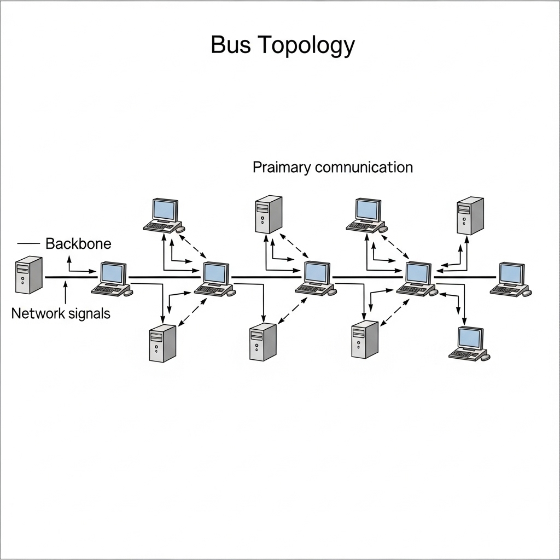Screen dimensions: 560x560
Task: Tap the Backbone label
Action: click(x=78, y=243)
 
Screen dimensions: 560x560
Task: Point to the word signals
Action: click(x=89, y=314)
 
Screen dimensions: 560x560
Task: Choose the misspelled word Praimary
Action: click(x=282, y=167)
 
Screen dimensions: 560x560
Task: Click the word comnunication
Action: click(x=364, y=167)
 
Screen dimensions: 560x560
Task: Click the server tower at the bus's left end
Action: click(x=28, y=275)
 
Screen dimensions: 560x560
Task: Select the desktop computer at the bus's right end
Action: click(x=511, y=279)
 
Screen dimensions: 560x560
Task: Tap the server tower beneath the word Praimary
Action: click(x=269, y=215)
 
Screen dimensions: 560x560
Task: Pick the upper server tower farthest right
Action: click(x=470, y=216)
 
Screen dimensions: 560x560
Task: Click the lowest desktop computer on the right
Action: click(x=469, y=343)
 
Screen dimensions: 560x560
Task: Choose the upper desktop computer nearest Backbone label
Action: click(x=164, y=215)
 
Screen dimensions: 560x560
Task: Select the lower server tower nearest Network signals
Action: click(x=162, y=343)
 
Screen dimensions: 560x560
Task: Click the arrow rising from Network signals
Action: click(x=65, y=293)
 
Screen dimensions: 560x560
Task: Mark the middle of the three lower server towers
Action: click(x=263, y=342)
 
